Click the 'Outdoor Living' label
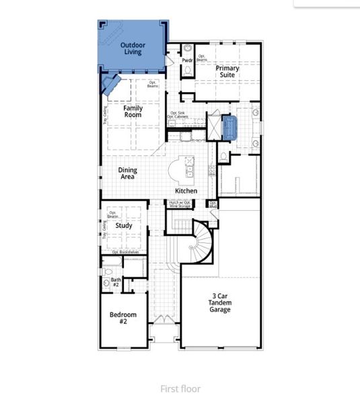click(x=133, y=48)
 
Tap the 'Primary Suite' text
click(x=226, y=71)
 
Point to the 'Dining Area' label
click(x=127, y=173)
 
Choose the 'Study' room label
click(x=124, y=226)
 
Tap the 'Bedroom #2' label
click(x=123, y=318)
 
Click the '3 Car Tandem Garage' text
click(x=220, y=303)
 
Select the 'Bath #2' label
click(x=115, y=282)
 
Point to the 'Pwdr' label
click(x=187, y=61)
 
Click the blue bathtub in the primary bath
click(x=230, y=126)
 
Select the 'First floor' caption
click(x=180, y=389)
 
